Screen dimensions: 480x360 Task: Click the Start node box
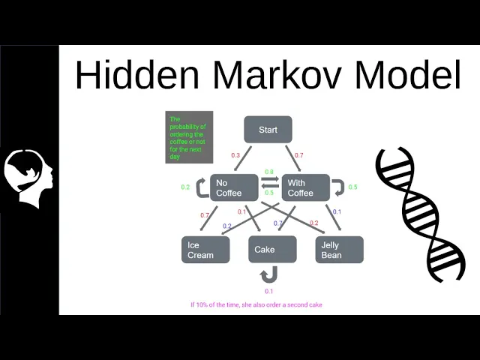click(268, 130)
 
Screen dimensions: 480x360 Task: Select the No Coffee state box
click(234, 187)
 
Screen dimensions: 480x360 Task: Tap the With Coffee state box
click(304, 187)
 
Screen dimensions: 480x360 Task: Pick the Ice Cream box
click(205, 250)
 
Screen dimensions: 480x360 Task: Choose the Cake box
click(272, 250)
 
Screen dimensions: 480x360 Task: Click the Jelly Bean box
click(339, 250)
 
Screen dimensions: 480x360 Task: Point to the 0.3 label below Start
click(235, 155)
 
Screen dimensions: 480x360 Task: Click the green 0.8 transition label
click(269, 172)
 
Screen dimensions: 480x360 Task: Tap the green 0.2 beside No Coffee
click(185, 187)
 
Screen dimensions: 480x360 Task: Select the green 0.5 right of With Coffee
click(352, 187)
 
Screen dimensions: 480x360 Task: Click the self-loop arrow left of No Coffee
click(202, 187)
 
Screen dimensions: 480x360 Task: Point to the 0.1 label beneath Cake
click(269, 291)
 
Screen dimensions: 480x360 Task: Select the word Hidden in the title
click(136, 76)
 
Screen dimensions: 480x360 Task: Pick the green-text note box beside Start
click(189, 137)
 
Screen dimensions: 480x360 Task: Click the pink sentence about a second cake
click(256, 304)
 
